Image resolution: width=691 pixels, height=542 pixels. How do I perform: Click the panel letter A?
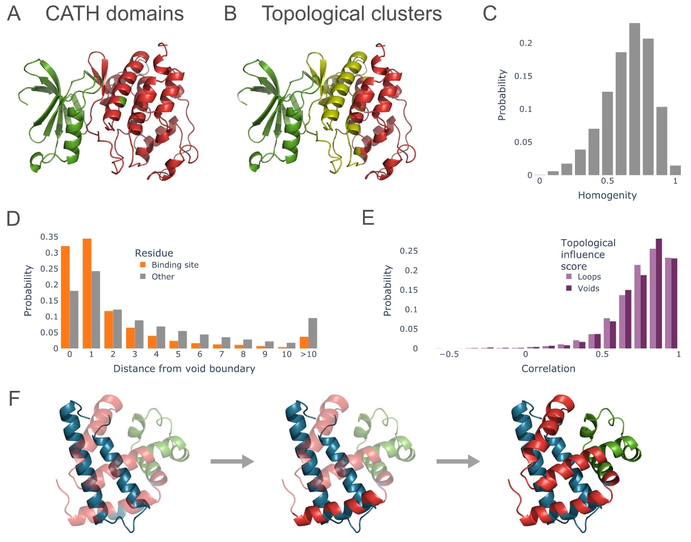pyautogui.click(x=14, y=14)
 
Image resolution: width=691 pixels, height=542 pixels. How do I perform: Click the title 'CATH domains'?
pyautogui.click(x=114, y=14)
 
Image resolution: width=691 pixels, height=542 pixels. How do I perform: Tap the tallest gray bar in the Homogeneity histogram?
pyautogui.click(x=634, y=99)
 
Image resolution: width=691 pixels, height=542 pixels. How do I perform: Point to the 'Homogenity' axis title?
pyautogui.click(x=607, y=195)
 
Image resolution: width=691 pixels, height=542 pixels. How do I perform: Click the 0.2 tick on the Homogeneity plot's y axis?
pyautogui.click(x=526, y=43)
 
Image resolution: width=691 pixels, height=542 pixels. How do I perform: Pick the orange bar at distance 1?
pyautogui.click(x=87, y=293)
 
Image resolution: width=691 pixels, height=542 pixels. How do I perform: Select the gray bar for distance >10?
pyautogui.click(x=313, y=333)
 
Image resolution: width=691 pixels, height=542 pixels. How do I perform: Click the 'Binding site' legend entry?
pyautogui.click(x=175, y=265)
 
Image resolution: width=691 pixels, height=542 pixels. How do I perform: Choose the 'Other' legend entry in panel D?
pyautogui.click(x=163, y=276)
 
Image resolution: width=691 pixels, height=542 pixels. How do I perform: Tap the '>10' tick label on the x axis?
pyautogui.click(x=308, y=354)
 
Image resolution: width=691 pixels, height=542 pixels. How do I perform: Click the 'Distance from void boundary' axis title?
pyautogui.click(x=184, y=369)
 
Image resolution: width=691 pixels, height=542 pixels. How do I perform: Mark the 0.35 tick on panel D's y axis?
pyautogui.click(x=49, y=237)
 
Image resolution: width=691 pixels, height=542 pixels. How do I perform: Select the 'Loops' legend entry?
pyautogui.click(x=589, y=276)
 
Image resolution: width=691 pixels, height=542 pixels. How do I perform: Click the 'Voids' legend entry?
pyautogui.click(x=588, y=289)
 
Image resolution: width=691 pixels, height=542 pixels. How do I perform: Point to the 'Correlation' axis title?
pyautogui.click(x=548, y=369)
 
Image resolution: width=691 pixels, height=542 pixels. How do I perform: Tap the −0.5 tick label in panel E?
pyautogui.click(x=449, y=354)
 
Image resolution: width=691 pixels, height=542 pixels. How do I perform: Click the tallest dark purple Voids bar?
pyautogui.click(x=659, y=293)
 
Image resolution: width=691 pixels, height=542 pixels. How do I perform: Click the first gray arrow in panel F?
pyautogui.click(x=232, y=461)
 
